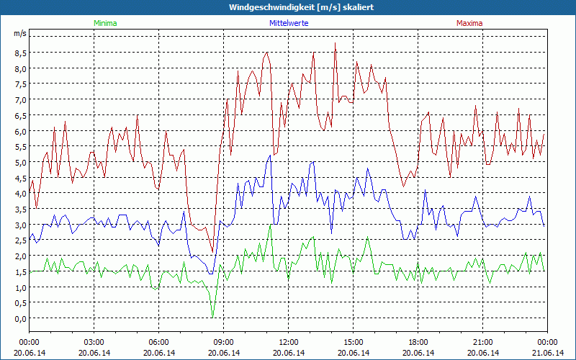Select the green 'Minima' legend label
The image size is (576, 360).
coord(104,23)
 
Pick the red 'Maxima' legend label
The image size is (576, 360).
coord(469,23)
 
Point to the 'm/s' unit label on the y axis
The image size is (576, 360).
coord(19,34)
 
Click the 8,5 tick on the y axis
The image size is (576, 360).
coord(19,53)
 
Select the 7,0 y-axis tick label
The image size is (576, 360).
coord(19,99)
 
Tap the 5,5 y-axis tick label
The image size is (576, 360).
coord(19,146)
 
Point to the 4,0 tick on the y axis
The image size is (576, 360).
coord(19,193)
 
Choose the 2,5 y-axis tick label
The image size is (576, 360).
coord(19,240)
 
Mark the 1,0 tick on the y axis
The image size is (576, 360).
coord(19,287)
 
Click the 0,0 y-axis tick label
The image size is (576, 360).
coord(19,318)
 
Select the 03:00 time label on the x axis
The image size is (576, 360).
coord(94,342)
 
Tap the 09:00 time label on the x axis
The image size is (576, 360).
coord(223,342)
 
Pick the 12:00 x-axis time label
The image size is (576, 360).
coord(288,342)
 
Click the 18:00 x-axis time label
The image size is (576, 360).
coord(418,342)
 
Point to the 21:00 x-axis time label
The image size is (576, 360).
coord(482,342)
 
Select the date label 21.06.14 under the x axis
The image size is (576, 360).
coord(547,353)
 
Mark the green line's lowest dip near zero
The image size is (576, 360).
coord(212,315)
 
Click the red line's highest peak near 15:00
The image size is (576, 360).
coord(336,44)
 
